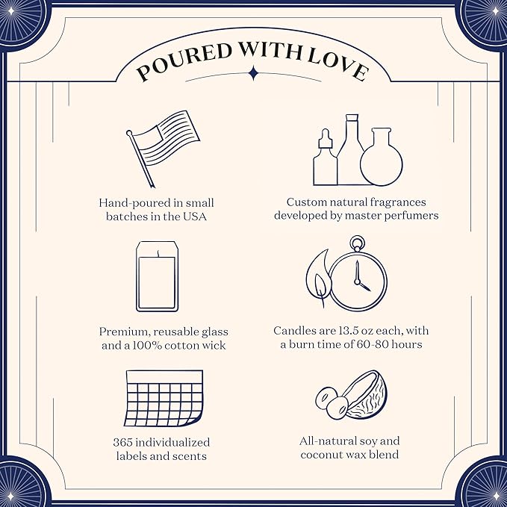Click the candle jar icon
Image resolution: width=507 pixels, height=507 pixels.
point(157,276)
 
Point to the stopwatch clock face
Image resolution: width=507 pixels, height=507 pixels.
point(358,281)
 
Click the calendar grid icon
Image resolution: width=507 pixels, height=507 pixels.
point(164,399)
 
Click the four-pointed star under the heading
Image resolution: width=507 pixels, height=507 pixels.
point(254,73)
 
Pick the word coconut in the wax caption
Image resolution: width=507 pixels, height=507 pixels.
point(324,455)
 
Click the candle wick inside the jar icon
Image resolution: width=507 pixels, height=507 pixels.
point(158,253)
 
